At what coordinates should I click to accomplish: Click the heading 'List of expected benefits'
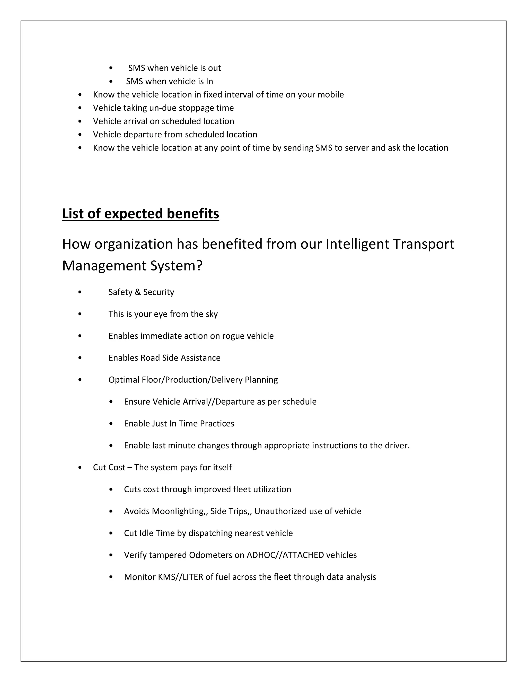tap(140, 214)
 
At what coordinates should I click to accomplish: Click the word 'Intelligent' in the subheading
tap(357, 244)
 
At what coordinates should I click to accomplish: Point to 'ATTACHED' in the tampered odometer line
tap(303, 555)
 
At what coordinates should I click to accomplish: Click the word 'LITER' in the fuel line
tap(193, 577)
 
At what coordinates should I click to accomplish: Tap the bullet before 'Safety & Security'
tap(80, 292)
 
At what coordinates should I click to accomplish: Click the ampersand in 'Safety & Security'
tap(138, 292)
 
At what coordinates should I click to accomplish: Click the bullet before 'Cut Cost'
tap(80, 467)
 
